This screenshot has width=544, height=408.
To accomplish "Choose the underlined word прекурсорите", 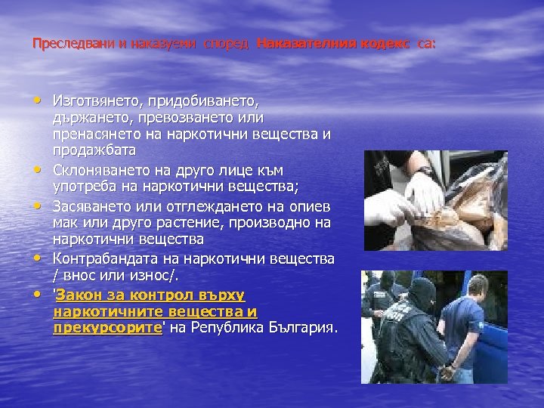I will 107,328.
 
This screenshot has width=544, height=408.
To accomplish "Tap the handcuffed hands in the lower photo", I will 448,371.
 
